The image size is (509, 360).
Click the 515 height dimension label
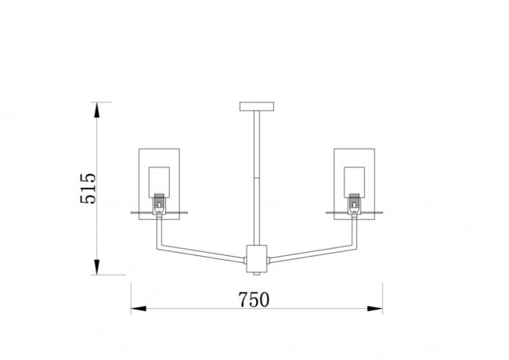pos(88,189)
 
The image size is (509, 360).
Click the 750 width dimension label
pos(254,300)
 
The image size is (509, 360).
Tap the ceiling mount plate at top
pos(257,106)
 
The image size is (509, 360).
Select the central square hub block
pos(257,259)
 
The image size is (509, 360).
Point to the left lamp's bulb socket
pos(159,203)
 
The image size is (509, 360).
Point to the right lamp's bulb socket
pos(354,203)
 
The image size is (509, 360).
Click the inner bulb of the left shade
pos(159,182)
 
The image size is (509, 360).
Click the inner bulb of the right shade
pos(354,182)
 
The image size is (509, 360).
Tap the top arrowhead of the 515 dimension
pos(96,110)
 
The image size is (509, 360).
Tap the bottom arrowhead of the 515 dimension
pos(96,267)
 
